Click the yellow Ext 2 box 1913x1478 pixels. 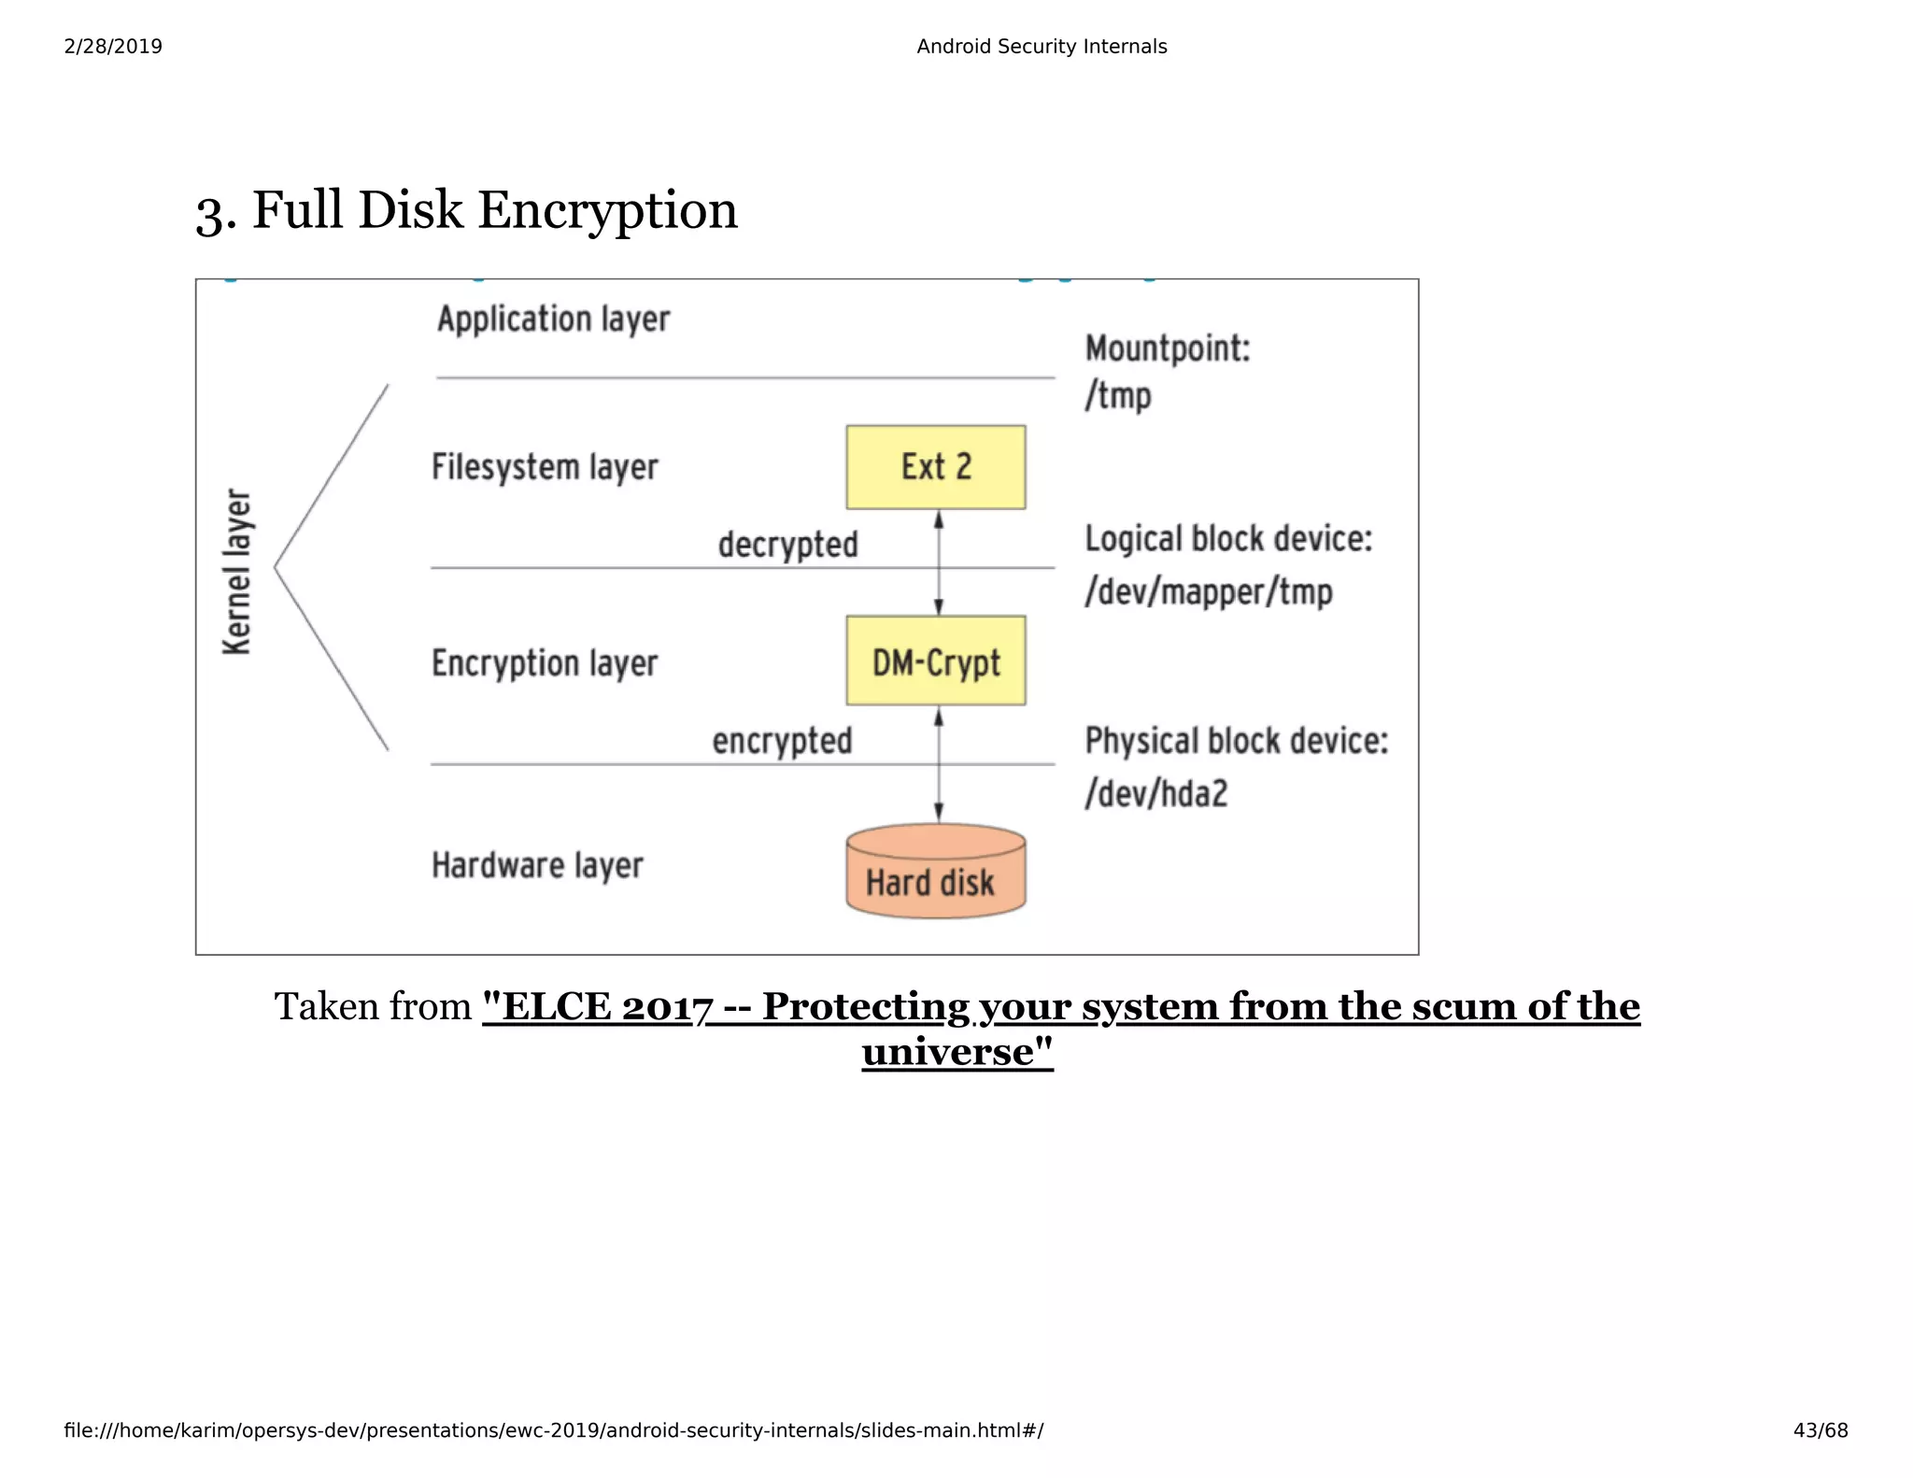[x=935, y=467]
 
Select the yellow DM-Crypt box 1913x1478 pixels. [x=935, y=661]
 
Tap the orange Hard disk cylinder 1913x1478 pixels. [x=935, y=874]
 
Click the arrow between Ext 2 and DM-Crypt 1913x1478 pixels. [x=939, y=562]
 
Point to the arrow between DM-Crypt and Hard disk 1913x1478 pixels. [x=939, y=764]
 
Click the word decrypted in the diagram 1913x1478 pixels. [x=787, y=544]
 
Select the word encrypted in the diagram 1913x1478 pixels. [x=782, y=741]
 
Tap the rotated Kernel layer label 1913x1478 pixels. [x=237, y=571]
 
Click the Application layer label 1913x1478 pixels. [x=553, y=320]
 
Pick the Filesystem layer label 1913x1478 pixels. [x=545, y=467]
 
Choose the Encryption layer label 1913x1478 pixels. [x=545, y=663]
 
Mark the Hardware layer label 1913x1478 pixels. [x=537, y=865]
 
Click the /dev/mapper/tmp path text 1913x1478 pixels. [x=1208, y=591]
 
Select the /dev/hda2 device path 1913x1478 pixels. [x=1156, y=793]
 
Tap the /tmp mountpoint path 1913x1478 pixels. [x=1118, y=396]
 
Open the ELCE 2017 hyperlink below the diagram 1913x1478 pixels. [x=1060, y=1007]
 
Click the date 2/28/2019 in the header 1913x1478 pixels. [x=113, y=47]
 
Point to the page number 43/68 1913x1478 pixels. [x=1820, y=1430]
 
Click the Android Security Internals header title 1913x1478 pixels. [x=1042, y=47]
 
